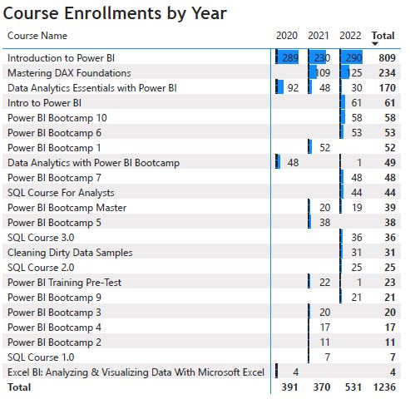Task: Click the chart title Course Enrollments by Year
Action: click(116, 14)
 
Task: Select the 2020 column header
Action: click(286, 36)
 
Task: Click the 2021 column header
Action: click(319, 36)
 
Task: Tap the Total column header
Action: click(383, 36)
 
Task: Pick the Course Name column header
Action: click(37, 36)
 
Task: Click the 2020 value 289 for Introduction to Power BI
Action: click(289, 58)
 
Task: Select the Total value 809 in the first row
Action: click(385, 58)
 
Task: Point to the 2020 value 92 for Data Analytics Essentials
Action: click(293, 87)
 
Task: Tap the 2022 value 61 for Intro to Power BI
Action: click(357, 102)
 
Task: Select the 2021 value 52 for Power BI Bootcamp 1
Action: click(324, 147)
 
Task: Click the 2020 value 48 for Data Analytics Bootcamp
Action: click(293, 162)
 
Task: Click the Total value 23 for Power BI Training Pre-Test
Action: click(388, 282)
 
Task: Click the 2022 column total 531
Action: click(353, 387)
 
